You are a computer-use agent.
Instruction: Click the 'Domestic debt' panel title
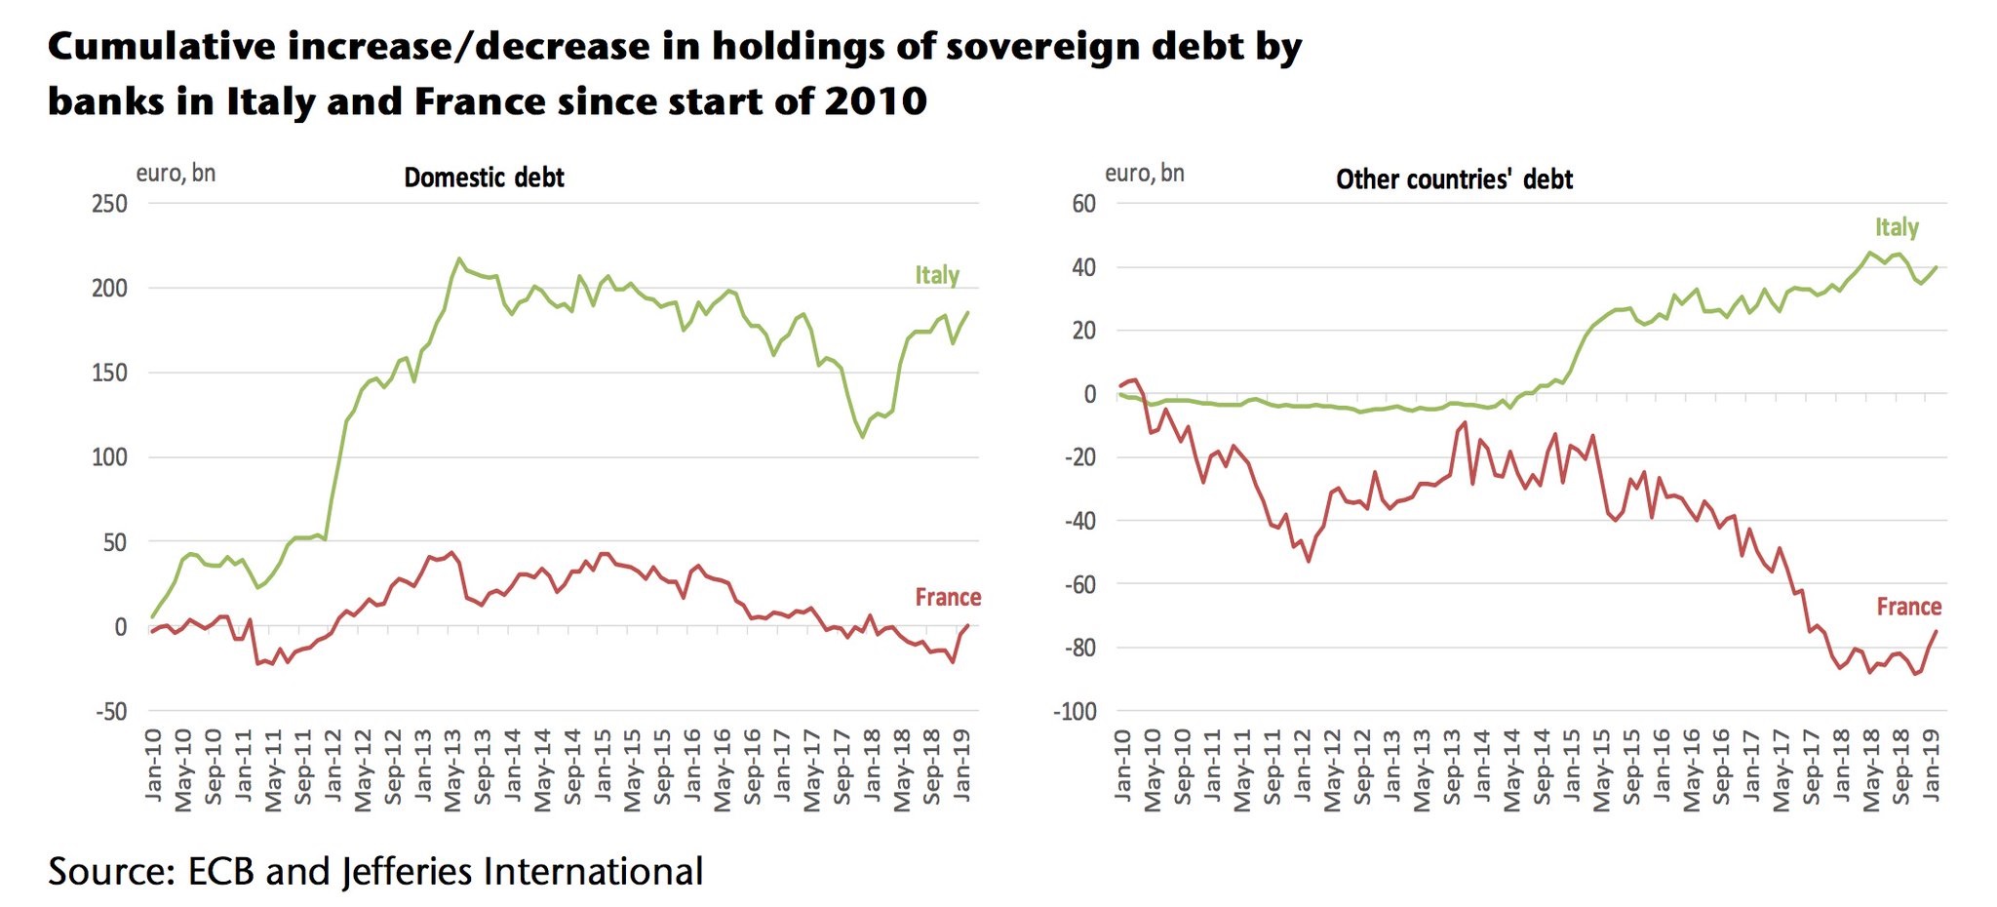tap(484, 177)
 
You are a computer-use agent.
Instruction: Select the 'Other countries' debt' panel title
tap(1454, 179)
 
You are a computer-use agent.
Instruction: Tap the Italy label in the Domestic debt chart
tap(936, 275)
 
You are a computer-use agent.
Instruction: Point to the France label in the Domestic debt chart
tap(947, 597)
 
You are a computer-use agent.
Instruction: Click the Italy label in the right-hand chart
tap(1897, 227)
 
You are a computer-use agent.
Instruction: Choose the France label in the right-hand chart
tap(1908, 607)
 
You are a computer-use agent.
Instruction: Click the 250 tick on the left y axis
tap(110, 204)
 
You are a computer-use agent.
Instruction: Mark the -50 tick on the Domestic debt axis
tap(110, 711)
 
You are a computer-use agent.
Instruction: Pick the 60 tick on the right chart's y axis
tap(1083, 204)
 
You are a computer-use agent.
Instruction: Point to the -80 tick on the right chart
tap(1078, 648)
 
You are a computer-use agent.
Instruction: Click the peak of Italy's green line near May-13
tap(459, 258)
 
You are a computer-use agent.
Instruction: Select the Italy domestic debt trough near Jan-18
tap(863, 436)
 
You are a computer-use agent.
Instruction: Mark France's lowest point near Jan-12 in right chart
tap(1308, 561)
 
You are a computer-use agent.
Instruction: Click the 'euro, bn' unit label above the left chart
tap(176, 174)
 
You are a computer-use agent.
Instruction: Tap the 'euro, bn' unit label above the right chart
tap(1144, 174)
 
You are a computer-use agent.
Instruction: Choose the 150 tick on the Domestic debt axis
tap(110, 373)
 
